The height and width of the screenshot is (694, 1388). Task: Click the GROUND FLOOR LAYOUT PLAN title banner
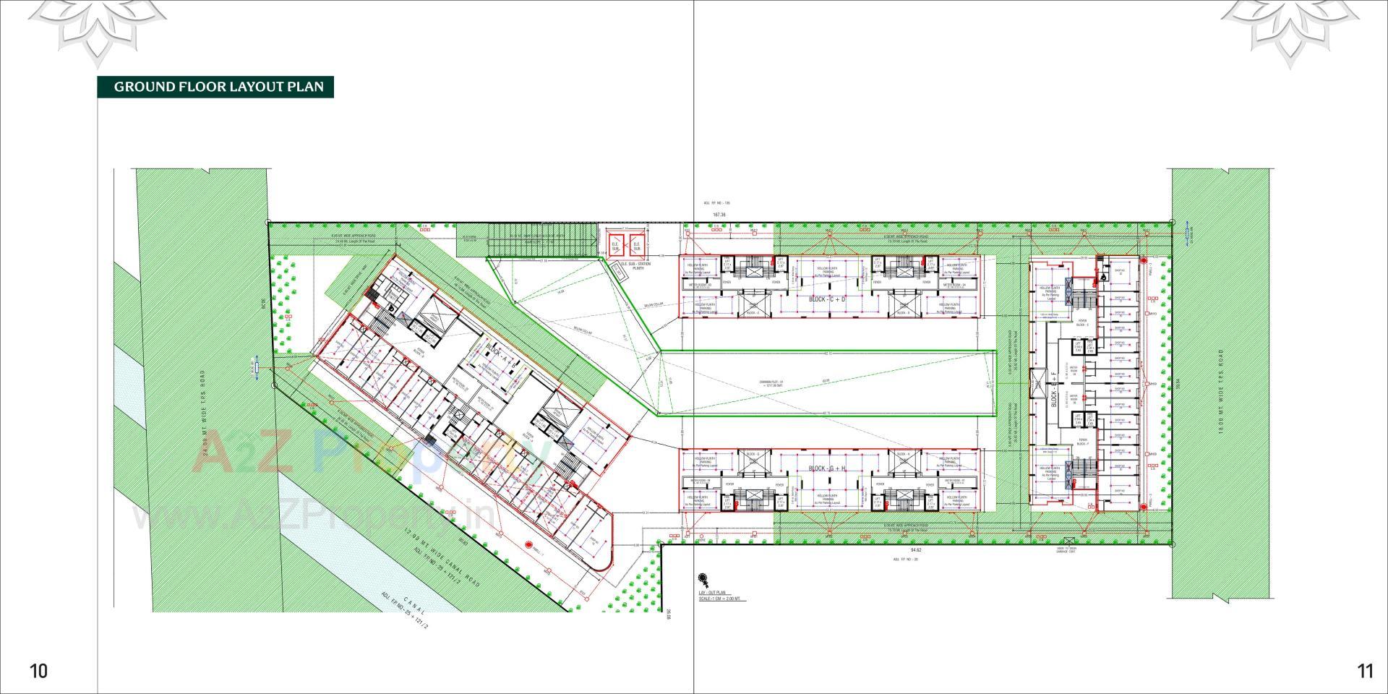215,87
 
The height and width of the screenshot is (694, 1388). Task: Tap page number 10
38,671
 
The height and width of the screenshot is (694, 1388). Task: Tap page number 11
1365,671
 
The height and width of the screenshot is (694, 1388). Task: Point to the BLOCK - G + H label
827,469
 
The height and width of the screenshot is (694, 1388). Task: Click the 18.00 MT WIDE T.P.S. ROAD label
1220,390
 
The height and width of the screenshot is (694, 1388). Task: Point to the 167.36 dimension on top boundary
719,215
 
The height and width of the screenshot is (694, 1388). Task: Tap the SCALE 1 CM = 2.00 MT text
719,599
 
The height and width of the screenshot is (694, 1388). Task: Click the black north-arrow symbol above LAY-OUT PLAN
702,580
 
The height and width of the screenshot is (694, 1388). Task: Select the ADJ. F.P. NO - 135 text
717,204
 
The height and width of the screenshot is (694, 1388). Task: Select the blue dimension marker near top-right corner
1188,234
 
